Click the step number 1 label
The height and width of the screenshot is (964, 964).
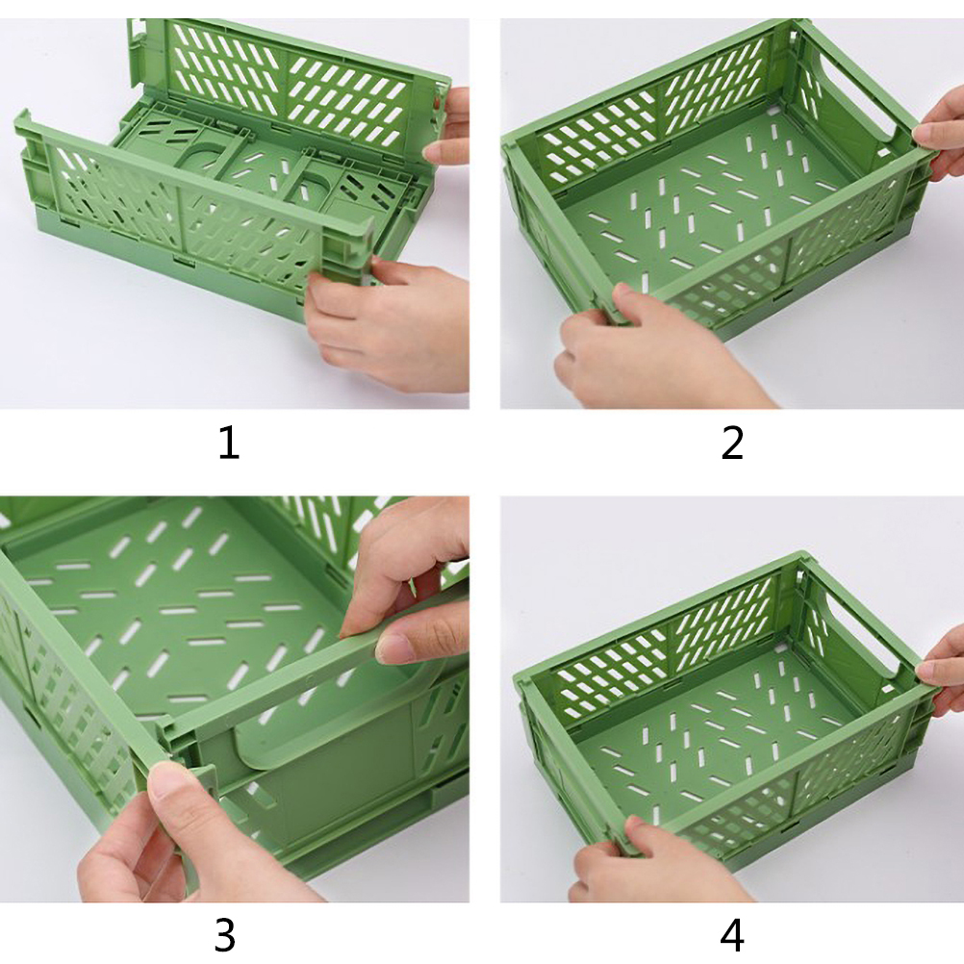(229, 444)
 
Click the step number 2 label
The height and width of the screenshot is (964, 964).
(732, 444)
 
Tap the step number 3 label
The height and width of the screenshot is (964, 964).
(225, 935)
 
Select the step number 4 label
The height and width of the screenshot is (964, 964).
(732, 935)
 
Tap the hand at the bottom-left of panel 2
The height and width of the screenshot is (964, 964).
(651, 350)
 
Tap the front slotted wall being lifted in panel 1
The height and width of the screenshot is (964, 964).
(190, 209)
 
